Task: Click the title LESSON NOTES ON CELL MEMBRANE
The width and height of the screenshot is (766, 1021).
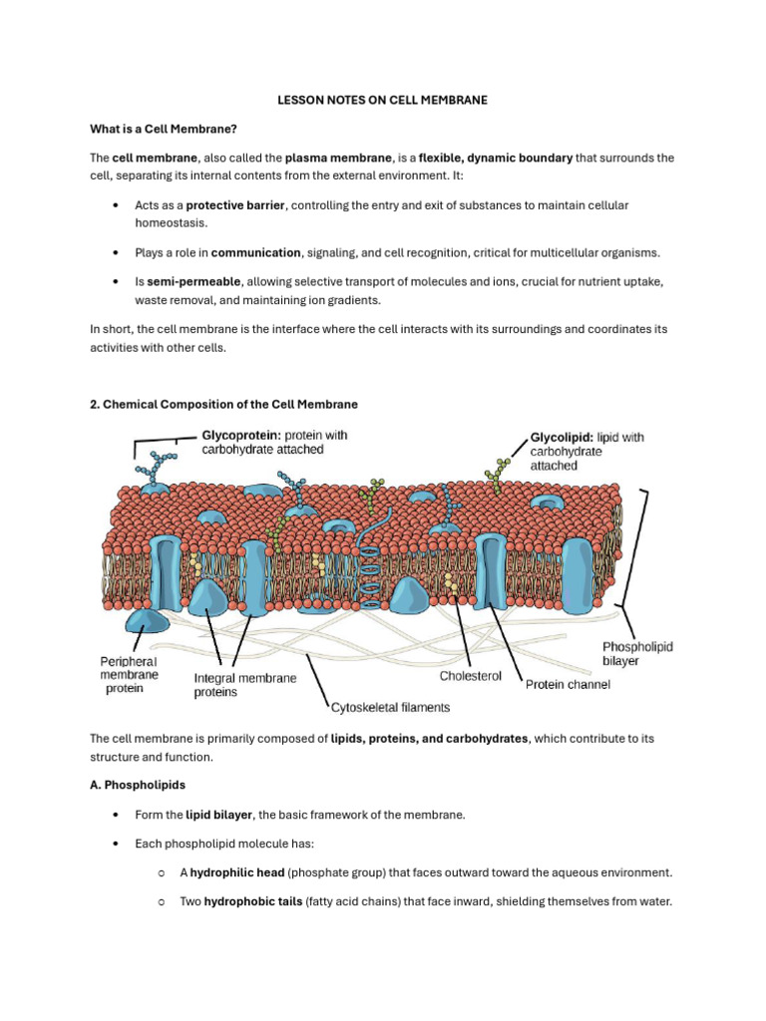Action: [382, 101]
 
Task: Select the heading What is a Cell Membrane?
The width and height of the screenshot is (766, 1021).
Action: [163, 130]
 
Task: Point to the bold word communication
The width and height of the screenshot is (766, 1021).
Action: [256, 253]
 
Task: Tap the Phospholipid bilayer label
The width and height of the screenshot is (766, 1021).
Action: [637, 654]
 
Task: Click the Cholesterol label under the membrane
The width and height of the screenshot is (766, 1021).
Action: [474, 676]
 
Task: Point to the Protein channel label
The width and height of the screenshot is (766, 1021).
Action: [568, 685]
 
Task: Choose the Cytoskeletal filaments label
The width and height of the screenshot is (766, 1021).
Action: [390, 707]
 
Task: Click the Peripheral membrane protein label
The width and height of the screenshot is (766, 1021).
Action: [129, 674]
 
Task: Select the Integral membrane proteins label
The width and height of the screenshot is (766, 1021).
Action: [244, 685]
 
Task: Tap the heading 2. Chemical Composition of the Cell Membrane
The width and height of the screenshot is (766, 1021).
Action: [223, 404]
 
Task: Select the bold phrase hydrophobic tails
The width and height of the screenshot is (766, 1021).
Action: [239, 902]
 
